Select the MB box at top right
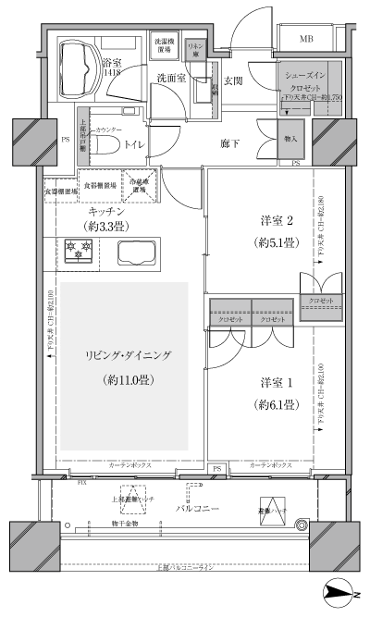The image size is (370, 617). [x=306, y=38]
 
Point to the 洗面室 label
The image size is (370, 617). [x=171, y=78]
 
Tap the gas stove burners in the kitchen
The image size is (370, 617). [x=79, y=249]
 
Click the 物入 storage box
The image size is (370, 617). [x=290, y=138]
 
